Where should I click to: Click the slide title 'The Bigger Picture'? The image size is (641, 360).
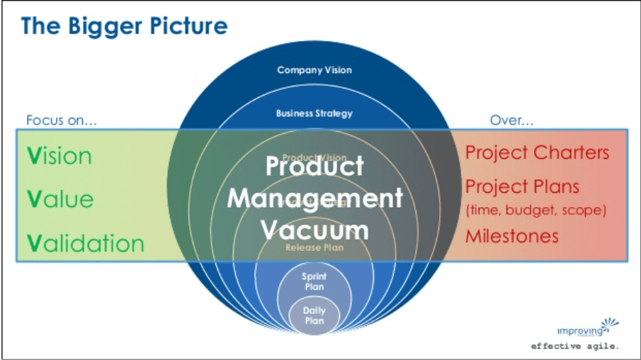click(x=124, y=26)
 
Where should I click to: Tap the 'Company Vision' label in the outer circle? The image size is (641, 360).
click(x=314, y=70)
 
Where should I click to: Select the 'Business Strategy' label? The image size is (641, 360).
click(x=314, y=113)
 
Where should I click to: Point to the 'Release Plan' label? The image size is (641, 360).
click(x=314, y=247)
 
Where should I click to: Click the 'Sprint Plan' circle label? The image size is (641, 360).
click(x=314, y=282)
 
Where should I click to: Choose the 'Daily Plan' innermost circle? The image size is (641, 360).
click(x=314, y=316)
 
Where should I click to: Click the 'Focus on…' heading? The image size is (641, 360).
click(x=62, y=120)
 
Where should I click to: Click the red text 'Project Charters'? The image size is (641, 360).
click(x=537, y=152)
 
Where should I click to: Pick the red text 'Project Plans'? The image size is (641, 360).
click(x=522, y=186)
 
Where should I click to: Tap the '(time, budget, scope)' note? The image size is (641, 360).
click(x=535, y=210)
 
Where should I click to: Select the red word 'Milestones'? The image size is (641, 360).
click(x=512, y=236)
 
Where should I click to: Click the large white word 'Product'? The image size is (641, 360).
click(x=314, y=166)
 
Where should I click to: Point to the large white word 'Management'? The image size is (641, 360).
click(x=314, y=198)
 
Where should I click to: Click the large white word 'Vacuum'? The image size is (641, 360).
click(x=314, y=229)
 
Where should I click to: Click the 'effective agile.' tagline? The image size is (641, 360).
click(x=575, y=347)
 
